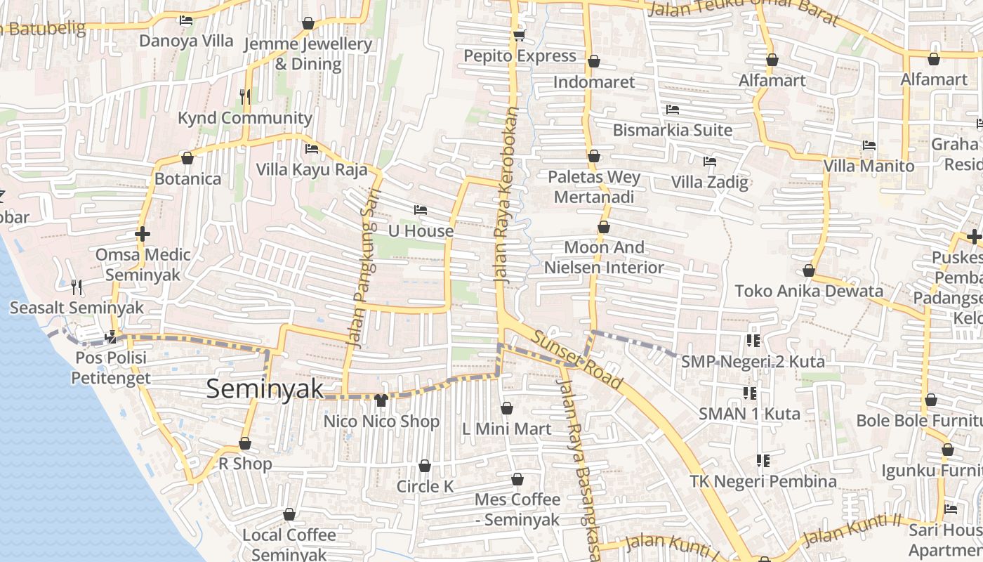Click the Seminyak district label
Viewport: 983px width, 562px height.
click(265, 389)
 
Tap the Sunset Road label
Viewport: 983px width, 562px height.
click(576, 360)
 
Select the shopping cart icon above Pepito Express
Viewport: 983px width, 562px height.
click(519, 35)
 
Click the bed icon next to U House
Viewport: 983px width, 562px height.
click(421, 210)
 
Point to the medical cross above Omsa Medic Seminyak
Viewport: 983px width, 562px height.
click(143, 233)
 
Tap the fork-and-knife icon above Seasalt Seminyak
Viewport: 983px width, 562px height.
click(77, 287)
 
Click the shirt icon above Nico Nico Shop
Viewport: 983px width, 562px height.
click(381, 400)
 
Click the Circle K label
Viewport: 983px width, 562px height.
click(425, 486)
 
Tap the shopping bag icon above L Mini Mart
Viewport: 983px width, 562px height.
click(507, 407)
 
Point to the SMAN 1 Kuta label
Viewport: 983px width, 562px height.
click(749, 414)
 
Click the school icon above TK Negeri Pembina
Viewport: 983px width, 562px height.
click(763, 461)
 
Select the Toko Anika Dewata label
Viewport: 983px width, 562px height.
click(809, 291)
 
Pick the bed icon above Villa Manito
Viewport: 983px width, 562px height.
click(869, 145)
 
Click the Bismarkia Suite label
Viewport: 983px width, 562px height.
click(673, 130)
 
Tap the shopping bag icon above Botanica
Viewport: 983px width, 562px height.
click(187, 158)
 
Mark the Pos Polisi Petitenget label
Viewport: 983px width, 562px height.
click(110, 368)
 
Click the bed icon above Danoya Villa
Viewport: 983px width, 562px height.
click(186, 20)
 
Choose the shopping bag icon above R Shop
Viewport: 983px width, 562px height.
click(245, 443)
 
